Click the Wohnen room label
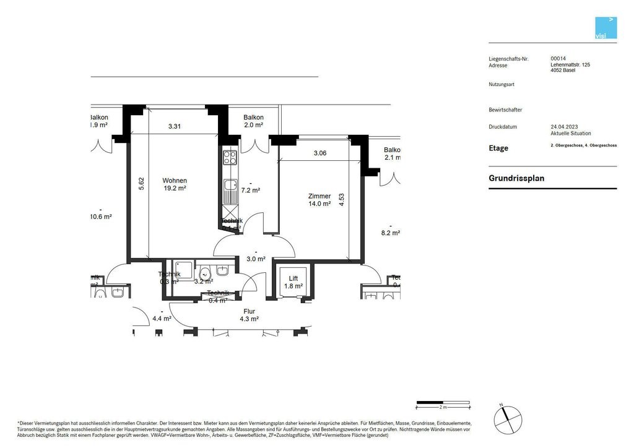tap(175, 181)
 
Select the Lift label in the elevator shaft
tap(293, 278)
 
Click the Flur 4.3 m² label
tap(250, 315)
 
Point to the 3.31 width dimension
tap(175, 127)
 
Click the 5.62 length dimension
tap(141, 183)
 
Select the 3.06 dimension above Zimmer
tap(320, 153)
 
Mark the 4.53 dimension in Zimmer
tap(341, 199)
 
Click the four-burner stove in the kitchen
tap(230, 157)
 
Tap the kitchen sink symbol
tap(230, 184)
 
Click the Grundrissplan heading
tap(516, 178)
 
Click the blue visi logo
tap(606, 28)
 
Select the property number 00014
tap(558, 59)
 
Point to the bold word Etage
tap(498, 149)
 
